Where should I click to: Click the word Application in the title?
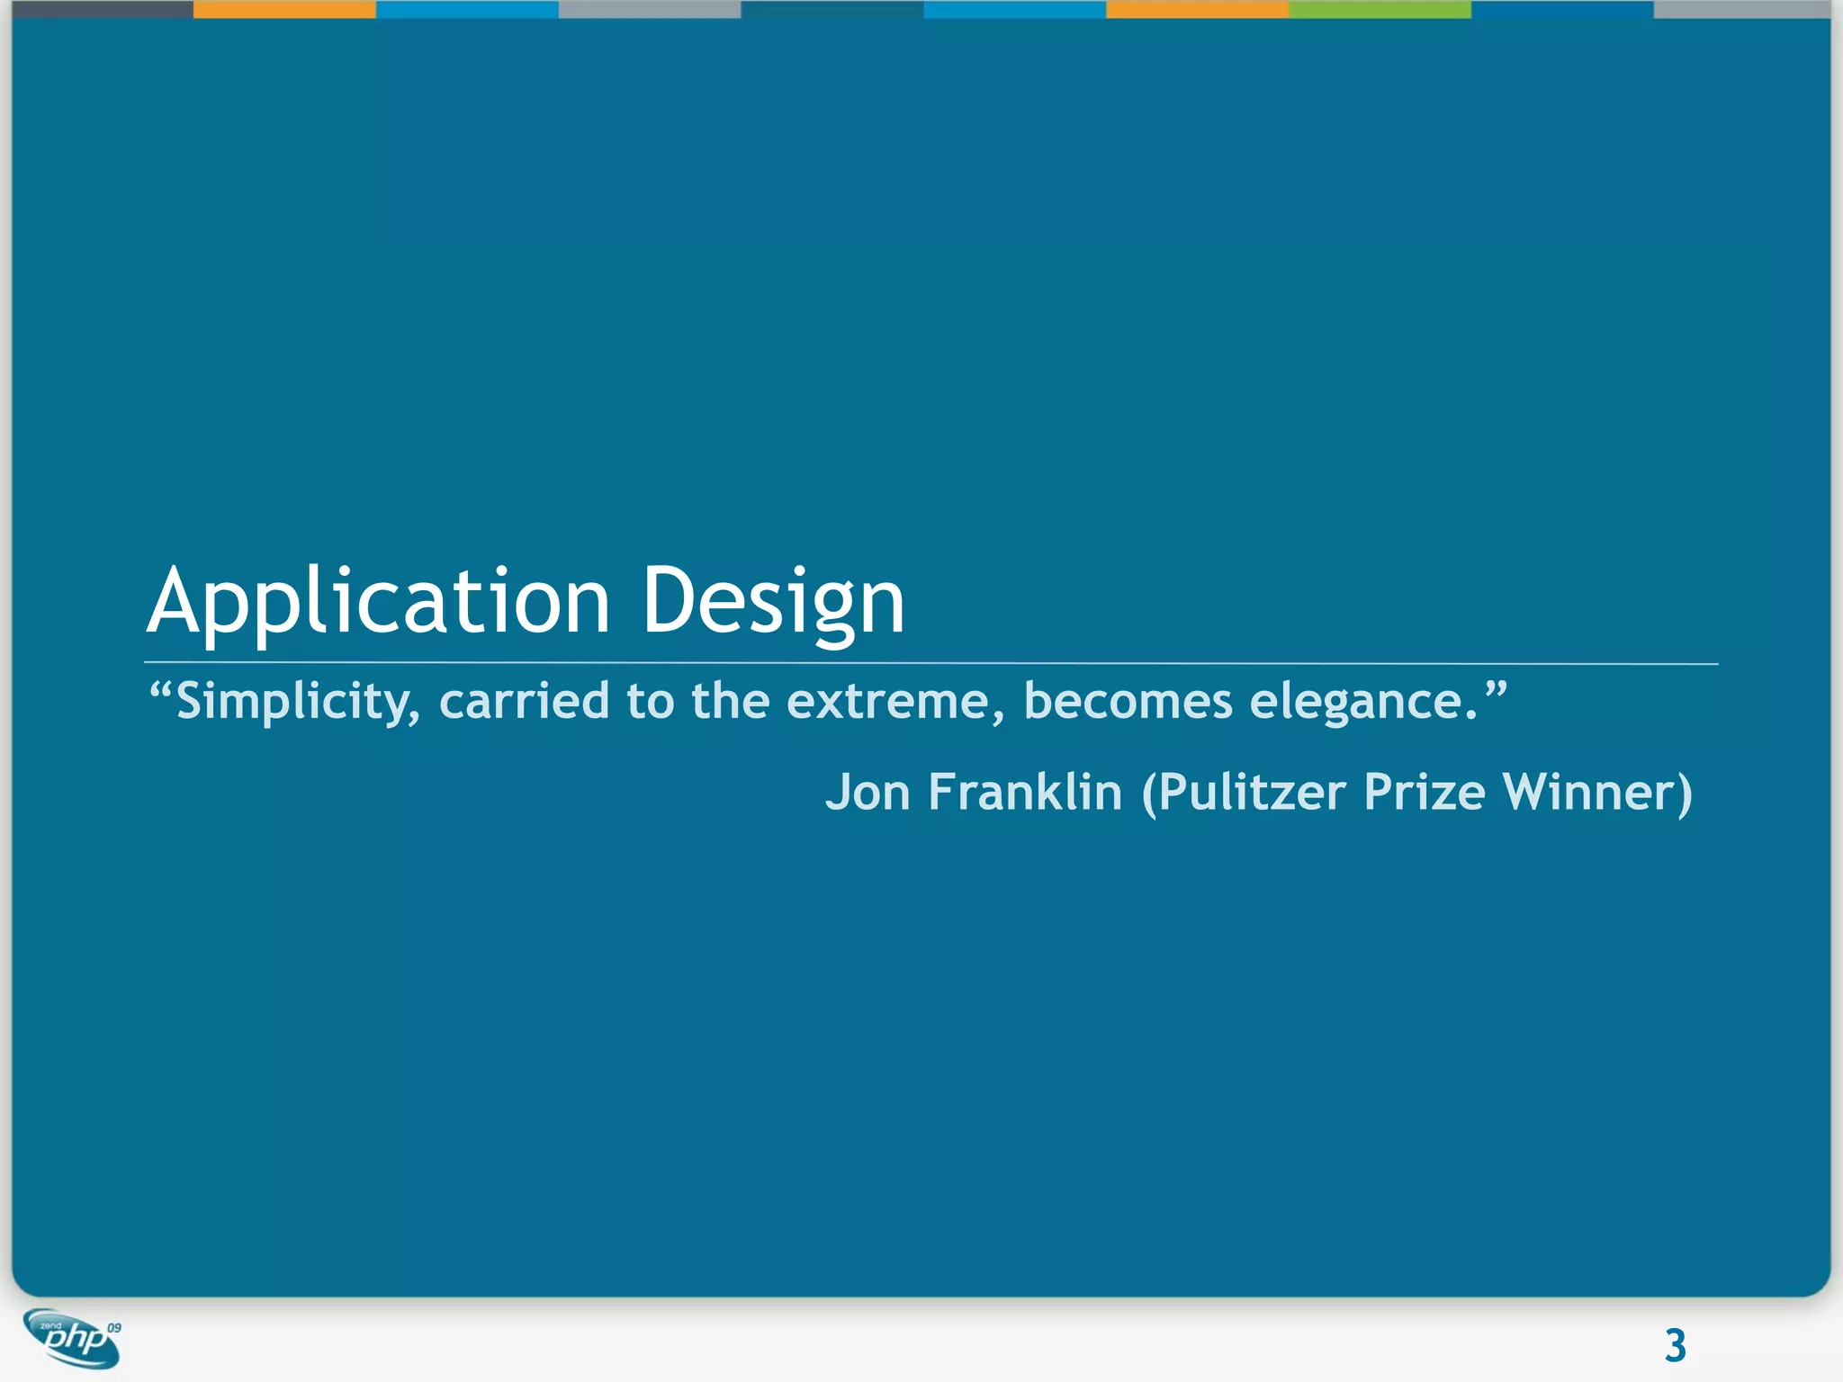378,601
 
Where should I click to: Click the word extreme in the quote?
886,701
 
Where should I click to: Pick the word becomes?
1127,701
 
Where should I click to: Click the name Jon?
868,793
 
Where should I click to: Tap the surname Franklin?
1025,793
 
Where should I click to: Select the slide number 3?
1675,1346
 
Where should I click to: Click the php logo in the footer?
72,1339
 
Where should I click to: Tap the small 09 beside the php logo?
114,1328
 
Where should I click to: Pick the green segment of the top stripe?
1380,9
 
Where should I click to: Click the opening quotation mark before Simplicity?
160,690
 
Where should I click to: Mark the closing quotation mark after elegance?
1495,690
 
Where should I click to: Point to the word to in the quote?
650,701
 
